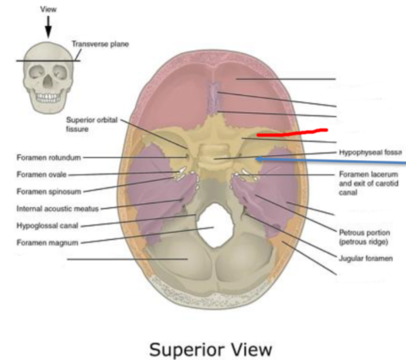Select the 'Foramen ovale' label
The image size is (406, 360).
(42, 175)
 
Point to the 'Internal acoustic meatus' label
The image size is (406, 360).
(58, 208)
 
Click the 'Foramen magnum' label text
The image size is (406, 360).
(47, 242)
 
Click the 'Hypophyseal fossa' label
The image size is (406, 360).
(370, 153)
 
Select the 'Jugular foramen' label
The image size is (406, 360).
(365, 259)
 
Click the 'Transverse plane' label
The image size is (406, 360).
(100, 44)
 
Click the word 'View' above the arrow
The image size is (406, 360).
(47, 9)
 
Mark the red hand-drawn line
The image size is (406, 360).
(291, 132)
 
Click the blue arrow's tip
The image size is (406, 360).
(256, 158)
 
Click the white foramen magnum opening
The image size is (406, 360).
(214, 225)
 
